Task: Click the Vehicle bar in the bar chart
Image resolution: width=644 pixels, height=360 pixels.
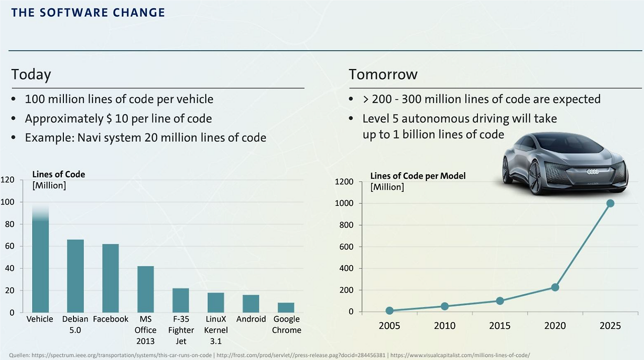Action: pos(40,262)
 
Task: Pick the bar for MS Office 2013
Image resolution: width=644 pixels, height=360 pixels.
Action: pos(145,289)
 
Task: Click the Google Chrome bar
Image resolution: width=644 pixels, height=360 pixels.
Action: pos(286,307)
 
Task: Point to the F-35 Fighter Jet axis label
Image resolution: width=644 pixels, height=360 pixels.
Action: pos(181,330)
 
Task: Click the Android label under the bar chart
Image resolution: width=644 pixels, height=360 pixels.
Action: pos(251,319)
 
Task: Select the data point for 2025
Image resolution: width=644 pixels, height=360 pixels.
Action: pos(610,203)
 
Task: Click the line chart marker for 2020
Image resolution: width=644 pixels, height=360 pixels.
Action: pos(555,287)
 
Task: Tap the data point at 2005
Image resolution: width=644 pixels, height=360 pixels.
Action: pos(389,311)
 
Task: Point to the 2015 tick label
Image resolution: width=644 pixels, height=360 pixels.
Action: pos(500,326)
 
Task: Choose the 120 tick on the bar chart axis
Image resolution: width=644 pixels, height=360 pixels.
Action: pos(7,180)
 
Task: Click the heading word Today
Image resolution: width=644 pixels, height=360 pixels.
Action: pos(31,75)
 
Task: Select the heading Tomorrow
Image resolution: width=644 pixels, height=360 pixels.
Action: pos(383,75)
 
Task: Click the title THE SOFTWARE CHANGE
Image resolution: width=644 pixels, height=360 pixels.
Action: pos(88,13)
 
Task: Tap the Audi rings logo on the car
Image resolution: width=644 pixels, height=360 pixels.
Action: pos(594,172)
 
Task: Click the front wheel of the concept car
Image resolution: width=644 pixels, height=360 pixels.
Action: pos(534,177)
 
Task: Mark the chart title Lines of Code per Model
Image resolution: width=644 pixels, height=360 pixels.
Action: pos(418,176)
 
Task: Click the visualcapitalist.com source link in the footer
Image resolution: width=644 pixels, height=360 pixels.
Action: pos(460,355)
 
